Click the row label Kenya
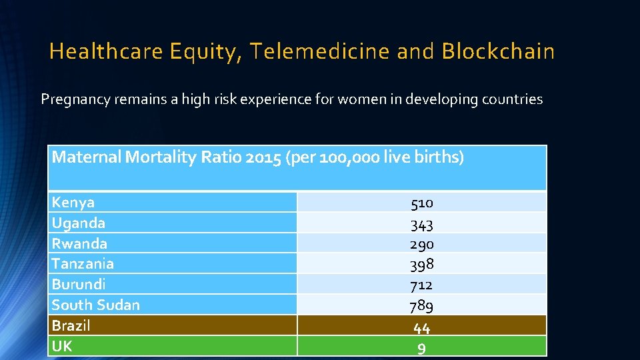(x=73, y=202)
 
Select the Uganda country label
(x=79, y=223)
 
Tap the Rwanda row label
(x=79, y=243)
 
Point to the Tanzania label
(x=83, y=263)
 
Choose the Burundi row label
(x=79, y=284)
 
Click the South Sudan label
(x=96, y=305)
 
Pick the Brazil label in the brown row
(x=71, y=325)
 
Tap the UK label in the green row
(x=62, y=346)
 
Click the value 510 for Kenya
(x=421, y=203)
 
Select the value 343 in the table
(x=421, y=224)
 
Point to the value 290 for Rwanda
(x=421, y=244)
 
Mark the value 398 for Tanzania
(x=421, y=265)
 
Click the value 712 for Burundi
(x=421, y=285)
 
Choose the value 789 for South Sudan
(x=421, y=306)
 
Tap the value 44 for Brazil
(x=421, y=327)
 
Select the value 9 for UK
(x=421, y=348)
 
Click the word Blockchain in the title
(x=498, y=51)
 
